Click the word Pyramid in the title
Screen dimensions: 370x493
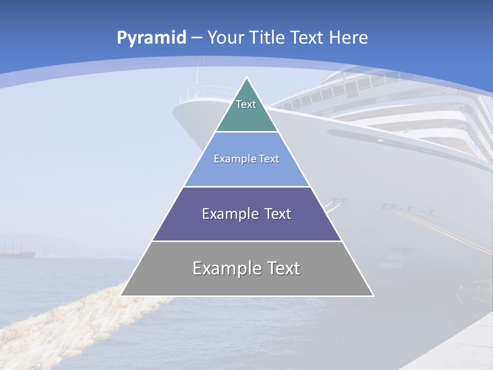point(151,38)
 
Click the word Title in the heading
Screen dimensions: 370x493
point(267,38)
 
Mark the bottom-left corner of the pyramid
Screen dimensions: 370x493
point(121,295)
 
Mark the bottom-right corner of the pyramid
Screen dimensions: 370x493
point(373,295)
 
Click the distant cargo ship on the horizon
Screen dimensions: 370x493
point(17,252)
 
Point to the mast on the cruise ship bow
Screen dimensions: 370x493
point(196,77)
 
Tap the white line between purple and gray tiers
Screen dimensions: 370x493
point(246,241)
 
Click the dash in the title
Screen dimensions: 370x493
point(197,38)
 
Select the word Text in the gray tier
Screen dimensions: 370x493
point(282,268)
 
